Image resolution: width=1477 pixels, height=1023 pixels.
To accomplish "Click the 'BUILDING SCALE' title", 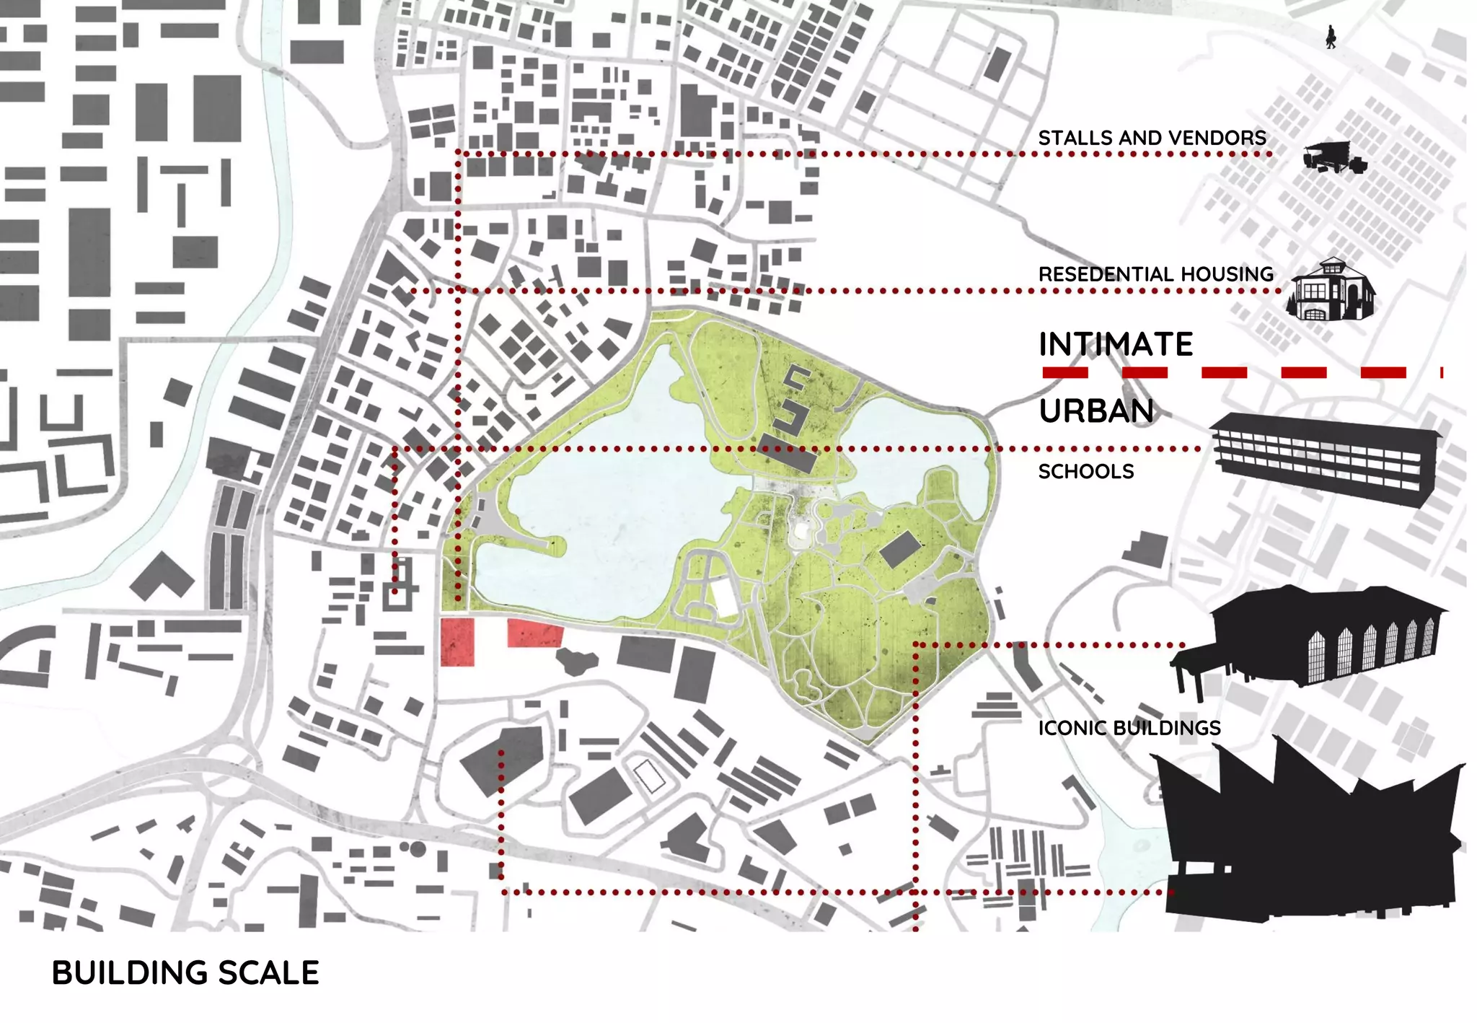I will (x=185, y=972).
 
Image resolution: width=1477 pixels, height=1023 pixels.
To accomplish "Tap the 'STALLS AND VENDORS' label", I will (x=1152, y=138).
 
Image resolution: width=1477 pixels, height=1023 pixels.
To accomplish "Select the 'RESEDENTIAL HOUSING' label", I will (x=1156, y=274).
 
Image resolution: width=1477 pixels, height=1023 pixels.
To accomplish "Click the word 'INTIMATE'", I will (x=1116, y=344).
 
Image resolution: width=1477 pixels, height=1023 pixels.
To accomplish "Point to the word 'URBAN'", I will (x=1096, y=411).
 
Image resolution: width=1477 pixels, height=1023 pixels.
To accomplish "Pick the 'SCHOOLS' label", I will (x=1086, y=472).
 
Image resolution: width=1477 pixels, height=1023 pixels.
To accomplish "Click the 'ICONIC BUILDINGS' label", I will (x=1129, y=728).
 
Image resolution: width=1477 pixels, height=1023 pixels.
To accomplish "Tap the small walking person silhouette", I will (x=1331, y=37).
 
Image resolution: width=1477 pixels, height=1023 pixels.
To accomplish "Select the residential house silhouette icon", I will (x=1332, y=290).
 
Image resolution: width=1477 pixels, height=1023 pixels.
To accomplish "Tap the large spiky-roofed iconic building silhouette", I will (x=1309, y=837).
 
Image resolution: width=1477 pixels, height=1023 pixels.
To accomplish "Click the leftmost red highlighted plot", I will (x=457, y=641).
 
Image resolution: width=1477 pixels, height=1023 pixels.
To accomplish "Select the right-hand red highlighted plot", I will (x=534, y=633).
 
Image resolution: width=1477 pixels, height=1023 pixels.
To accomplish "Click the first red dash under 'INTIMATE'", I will (x=1064, y=372).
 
